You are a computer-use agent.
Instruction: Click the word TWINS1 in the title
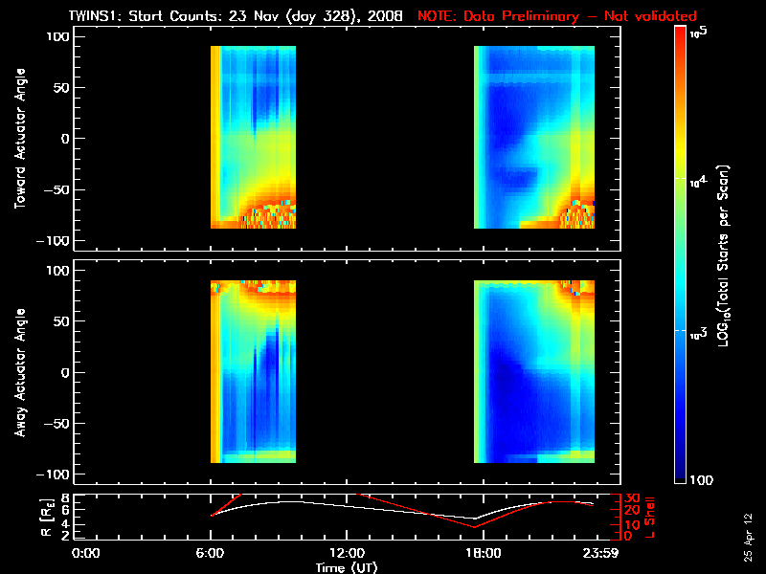pyautogui.click(x=96, y=16)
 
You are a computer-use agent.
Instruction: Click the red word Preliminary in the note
pyautogui.click(x=540, y=16)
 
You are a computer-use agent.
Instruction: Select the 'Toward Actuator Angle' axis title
pyautogui.click(x=20, y=138)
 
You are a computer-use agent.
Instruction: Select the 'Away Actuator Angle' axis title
pyautogui.click(x=20, y=372)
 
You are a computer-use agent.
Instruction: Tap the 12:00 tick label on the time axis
pyautogui.click(x=347, y=554)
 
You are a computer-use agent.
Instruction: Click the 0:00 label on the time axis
pyautogui.click(x=85, y=554)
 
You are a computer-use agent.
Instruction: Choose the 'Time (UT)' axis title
pyautogui.click(x=347, y=567)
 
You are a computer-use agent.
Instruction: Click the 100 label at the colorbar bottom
pyautogui.click(x=702, y=480)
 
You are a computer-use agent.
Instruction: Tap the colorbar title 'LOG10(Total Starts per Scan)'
pyautogui.click(x=723, y=255)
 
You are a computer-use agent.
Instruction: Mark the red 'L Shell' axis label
pyautogui.click(x=649, y=518)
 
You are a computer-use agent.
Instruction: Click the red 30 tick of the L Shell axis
pyautogui.click(x=632, y=497)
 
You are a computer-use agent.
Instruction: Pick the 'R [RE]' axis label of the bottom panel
pyautogui.click(x=47, y=518)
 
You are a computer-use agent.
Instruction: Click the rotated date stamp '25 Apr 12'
pyautogui.click(x=748, y=538)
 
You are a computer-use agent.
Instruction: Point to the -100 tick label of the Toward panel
pyautogui.click(x=54, y=241)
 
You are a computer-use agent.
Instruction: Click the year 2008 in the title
pyautogui.click(x=385, y=16)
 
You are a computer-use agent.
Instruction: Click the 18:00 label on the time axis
pyautogui.click(x=484, y=554)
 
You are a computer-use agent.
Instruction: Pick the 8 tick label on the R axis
pyautogui.click(x=63, y=497)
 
